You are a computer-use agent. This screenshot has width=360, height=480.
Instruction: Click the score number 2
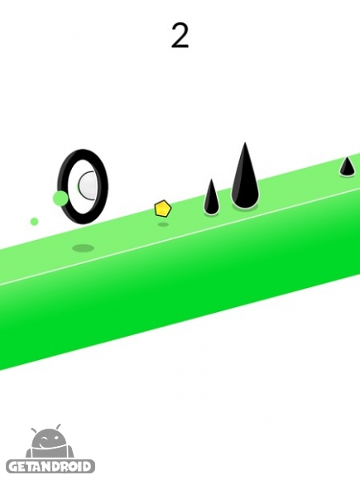[x=180, y=36]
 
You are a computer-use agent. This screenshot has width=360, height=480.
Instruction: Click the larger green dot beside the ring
[x=60, y=198]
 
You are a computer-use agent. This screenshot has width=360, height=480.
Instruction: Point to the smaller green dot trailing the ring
[x=34, y=221]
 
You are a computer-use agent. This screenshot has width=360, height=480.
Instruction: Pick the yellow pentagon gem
[x=162, y=209]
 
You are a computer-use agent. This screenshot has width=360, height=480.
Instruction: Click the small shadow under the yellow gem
[x=163, y=225]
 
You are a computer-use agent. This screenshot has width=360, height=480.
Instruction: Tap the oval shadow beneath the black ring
[x=83, y=247]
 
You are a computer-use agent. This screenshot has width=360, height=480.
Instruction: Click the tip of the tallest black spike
[x=245, y=142]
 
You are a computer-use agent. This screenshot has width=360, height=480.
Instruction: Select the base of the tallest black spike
[x=244, y=204]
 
